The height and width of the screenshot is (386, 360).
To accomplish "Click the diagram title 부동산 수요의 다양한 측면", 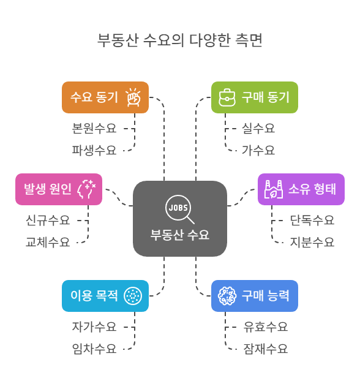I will pyautogui.click(x=179, y=40).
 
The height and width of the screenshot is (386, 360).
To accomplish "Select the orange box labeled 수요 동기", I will pyautogui.click(x=105, y=97).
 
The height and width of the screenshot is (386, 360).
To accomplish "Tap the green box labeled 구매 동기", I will pyautogui.click(x=255, y=97).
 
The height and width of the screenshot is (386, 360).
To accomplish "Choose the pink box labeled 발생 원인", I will pyautogui.click(x=58, y=189).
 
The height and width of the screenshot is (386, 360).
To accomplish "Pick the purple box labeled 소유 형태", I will pyautogui.click(x=301, y=189).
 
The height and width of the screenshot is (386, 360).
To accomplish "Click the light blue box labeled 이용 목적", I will pyautogui.click(x=105, y=296).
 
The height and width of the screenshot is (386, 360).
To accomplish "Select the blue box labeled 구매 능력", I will pyautogui.click(x=255, y=296).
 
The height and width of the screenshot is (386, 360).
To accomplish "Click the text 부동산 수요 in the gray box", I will pyautogui.click(x=179, y=235).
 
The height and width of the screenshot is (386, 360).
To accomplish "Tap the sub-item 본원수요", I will pyautogui.click(x=94, y=129).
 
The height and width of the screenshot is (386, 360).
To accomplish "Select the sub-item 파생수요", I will pyautogui.click(x=94, y=150).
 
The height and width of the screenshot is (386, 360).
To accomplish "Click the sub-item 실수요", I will pyautogui.click(x=258, y=129).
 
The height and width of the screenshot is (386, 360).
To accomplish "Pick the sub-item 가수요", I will pyautogui.click(x=258, y=150).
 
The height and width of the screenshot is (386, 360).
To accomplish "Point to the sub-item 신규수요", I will pyautogui.click(x=48, y=220).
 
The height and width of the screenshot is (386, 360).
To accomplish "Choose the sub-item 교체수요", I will pyautogui.click(x=48, y=242).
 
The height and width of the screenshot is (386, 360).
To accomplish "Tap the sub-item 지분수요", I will pyautogui.click(x=312, y=242).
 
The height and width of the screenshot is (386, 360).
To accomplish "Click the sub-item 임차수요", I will pyautogui.click(x=94, y=349).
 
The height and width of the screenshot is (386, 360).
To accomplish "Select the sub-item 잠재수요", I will pyautogui.click(x=265, y=349).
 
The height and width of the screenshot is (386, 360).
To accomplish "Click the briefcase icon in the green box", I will pyautogui.click(x=227, y=97).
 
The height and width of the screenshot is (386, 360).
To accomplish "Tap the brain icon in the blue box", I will pyautogui.click(x=227, y=296).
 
